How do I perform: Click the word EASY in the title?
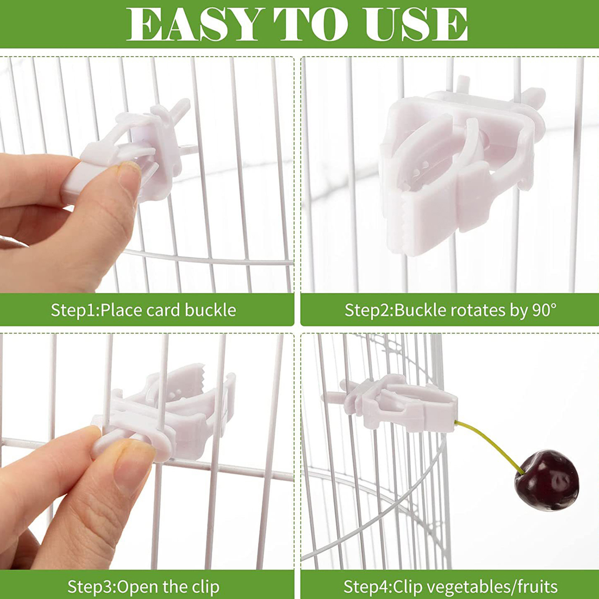(x=194, y=24)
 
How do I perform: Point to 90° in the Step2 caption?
(x=544, y=310)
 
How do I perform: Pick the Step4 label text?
(x=367, y=587)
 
